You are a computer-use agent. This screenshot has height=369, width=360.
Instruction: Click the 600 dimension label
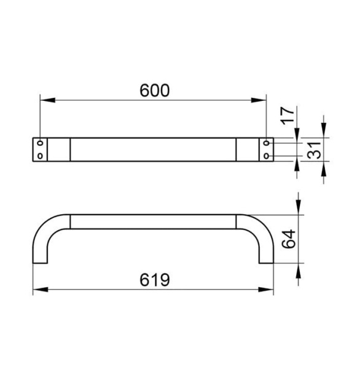(154, 90)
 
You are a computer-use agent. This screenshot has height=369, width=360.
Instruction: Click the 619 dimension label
(154, 280)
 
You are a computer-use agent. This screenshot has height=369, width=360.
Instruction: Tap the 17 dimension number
(288, 116)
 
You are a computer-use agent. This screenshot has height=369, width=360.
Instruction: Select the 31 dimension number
(314, 150)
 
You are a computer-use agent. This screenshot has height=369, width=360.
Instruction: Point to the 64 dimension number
(289, 239)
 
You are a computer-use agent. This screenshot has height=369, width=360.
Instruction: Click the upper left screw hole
(40, 143)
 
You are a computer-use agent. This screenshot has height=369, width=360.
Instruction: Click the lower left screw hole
(40, 156)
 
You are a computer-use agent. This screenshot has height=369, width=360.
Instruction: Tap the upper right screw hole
(267, 143)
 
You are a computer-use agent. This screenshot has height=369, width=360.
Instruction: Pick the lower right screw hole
(267, 156)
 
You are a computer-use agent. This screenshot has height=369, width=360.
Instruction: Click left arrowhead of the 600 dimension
(48, 100)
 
